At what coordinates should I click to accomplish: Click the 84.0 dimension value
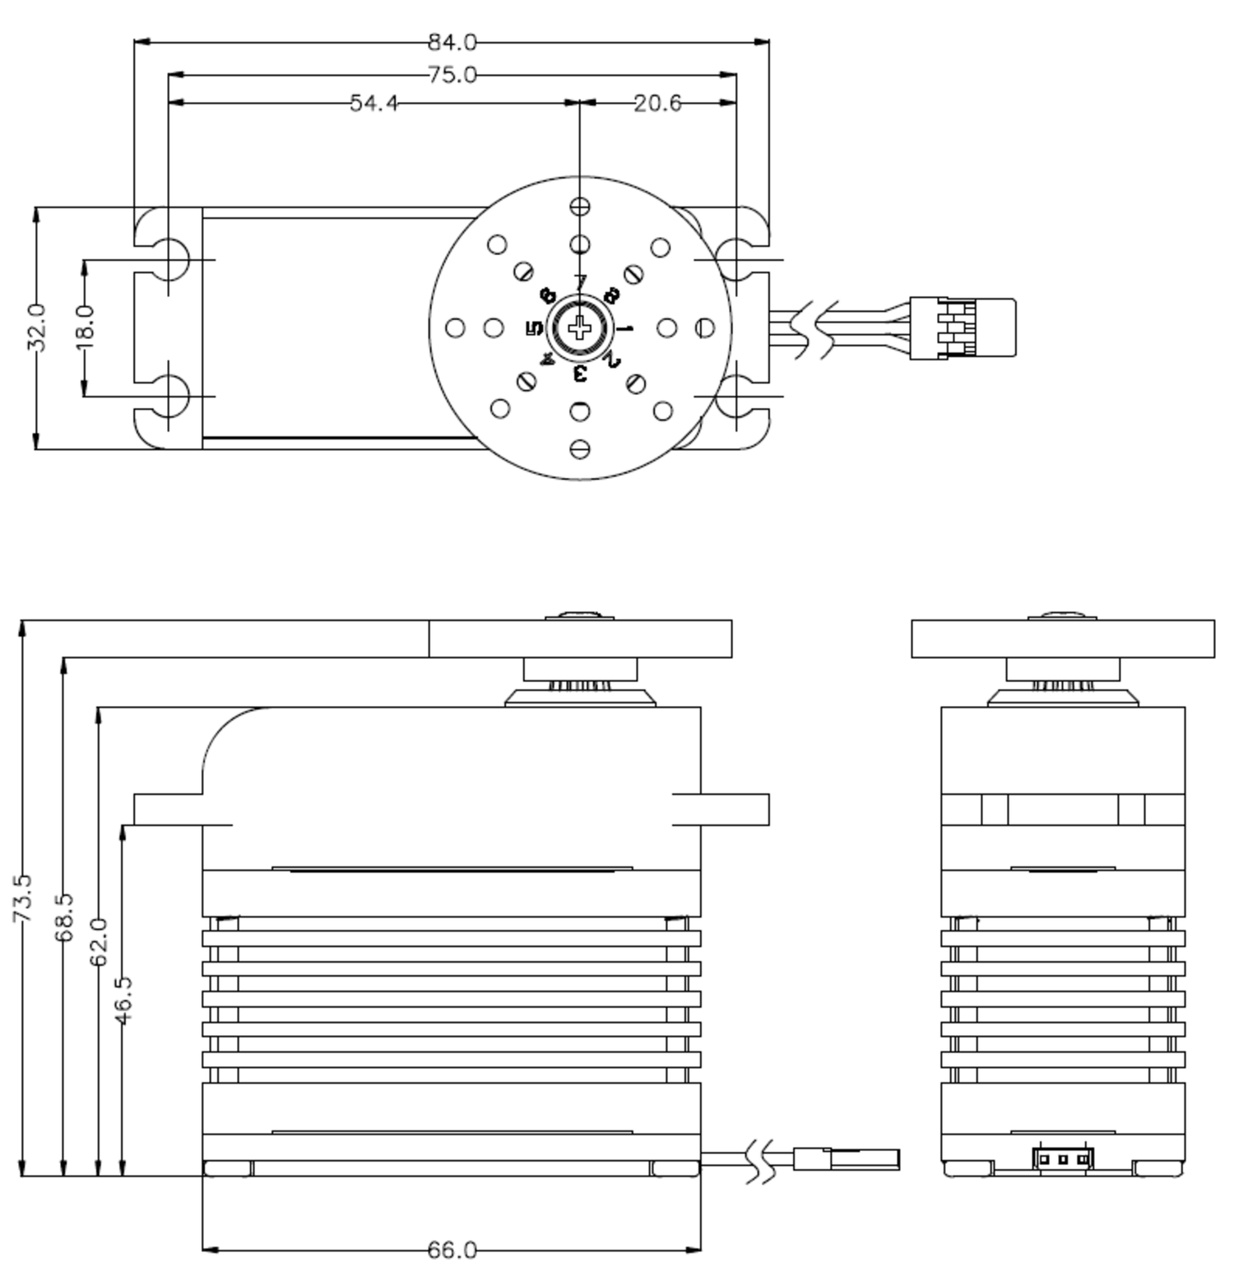pyautogui.click(x=452, y=41)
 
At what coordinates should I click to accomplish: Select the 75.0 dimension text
pyautogui.click(x=452, y=75)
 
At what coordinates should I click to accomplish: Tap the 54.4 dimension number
pyautogui.click(x=373, y=103)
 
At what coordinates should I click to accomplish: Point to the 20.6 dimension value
pyautogui.click(x=657, y=103)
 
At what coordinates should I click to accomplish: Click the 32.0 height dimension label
pyautogui.click(x=36, y=327)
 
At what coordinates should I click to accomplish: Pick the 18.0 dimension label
pyautogui.click(x=86, y=327)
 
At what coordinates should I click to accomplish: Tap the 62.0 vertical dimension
pyautogui.click(x=99, y=942)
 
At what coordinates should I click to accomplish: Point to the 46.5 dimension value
pyautogui.click(x=123, y=1000)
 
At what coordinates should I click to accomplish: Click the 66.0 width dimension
pyautogui.click(x=452, y=1251)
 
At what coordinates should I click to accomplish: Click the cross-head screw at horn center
pyautogui.click(x=580, y=329)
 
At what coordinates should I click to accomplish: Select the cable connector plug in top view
pyautogui.click(x=962, y=329)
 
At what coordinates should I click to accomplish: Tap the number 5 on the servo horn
pyautogui.click(x=534, y=329)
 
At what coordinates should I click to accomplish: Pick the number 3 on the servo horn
pyautogui.click(x=580, y=374)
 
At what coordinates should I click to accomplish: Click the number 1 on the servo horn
pyautogui.click(x=626, y=329)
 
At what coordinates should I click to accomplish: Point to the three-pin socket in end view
pyautogui.click(x=1063, y=1158)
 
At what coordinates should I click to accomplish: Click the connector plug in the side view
pyautogui.click(x=847, y=1159)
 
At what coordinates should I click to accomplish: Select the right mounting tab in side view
pyautogui.click(x=721, y=810)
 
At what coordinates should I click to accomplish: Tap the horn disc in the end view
pyautogui.click(x=1063, y=639)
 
